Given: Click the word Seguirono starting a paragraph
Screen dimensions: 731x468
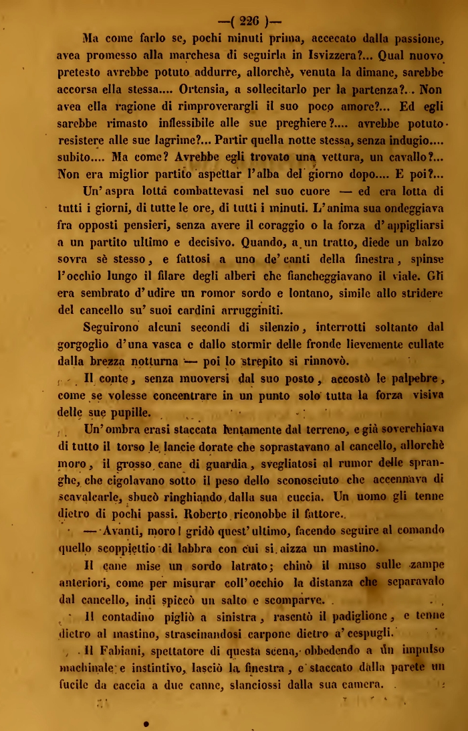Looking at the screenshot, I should (111, 327).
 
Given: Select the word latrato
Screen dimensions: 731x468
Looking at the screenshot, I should (207, 565).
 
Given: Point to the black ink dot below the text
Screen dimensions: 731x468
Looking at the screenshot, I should (146, 722).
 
